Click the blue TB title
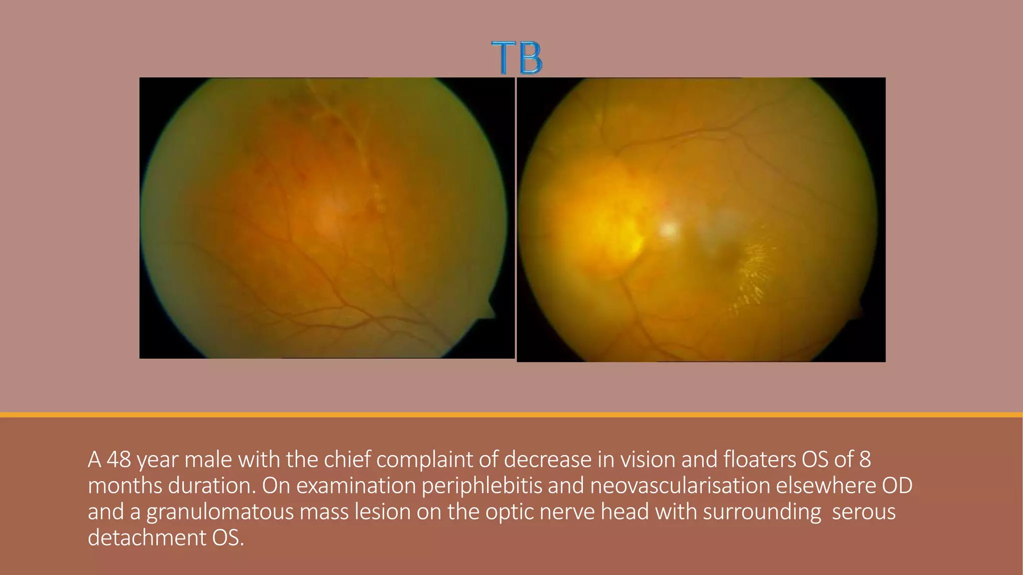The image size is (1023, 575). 516,58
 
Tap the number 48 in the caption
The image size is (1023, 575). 119,460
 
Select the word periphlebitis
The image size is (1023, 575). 482,486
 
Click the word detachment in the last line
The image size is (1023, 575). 147,538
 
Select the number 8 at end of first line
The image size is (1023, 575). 865,460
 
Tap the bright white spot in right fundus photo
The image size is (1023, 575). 668,230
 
